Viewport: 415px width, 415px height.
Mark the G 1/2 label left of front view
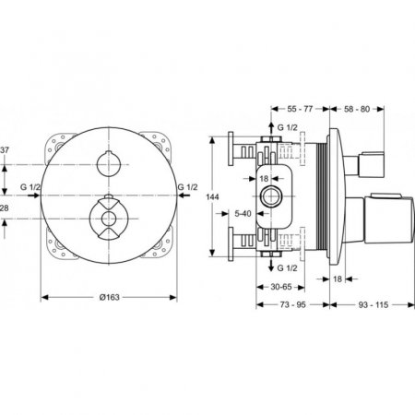[30, 187]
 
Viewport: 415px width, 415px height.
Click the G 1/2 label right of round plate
[188, 187]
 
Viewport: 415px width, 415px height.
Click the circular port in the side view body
[274, 197]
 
